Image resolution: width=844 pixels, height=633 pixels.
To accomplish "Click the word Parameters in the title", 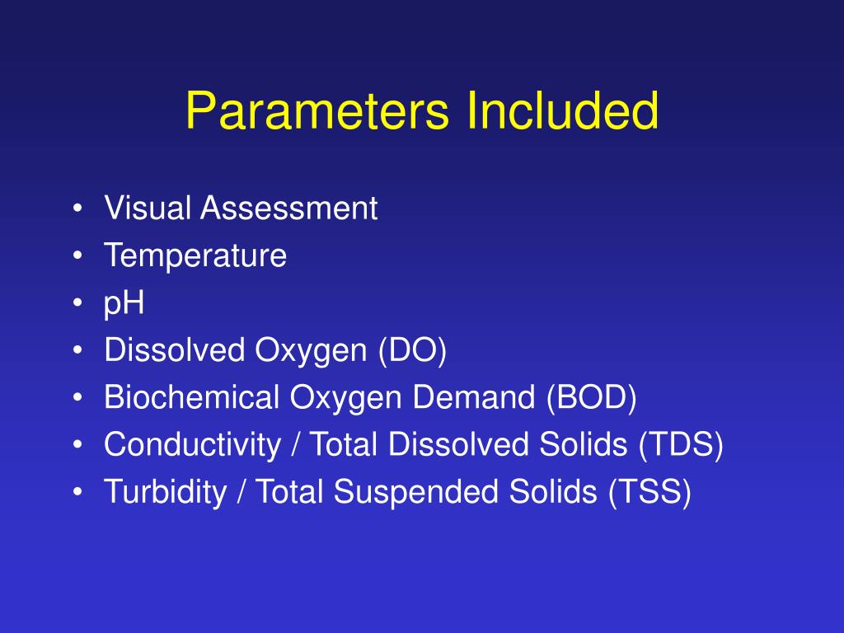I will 318,110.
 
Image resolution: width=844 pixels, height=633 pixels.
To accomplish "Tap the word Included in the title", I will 562,110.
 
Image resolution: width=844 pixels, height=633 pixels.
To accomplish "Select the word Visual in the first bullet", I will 148,209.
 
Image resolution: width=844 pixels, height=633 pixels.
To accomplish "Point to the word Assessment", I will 288,209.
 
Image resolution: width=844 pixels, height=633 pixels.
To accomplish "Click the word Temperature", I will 195,256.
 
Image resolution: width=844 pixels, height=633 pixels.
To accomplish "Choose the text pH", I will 124,304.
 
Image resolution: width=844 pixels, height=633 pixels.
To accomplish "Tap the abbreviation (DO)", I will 412,351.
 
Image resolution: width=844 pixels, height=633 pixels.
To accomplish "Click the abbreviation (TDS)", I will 680,445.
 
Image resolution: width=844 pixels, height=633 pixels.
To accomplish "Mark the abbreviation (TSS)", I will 650,492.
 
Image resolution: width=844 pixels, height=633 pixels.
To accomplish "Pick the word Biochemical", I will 192,398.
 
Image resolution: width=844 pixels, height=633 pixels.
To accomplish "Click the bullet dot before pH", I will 77,304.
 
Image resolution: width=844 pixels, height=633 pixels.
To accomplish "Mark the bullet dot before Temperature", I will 77,256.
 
